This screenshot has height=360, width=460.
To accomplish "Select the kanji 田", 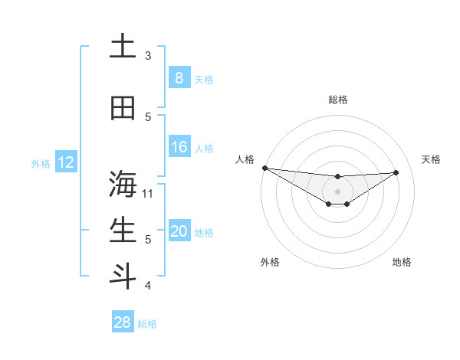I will [x=123, y=109].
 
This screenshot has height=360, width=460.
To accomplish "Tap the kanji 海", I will [x=123, y=185].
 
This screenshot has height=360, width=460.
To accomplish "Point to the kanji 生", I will [x=123, y=231].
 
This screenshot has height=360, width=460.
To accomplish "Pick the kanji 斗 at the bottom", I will [x=123, y=277].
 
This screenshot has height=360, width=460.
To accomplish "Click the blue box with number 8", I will [x=179, y=78].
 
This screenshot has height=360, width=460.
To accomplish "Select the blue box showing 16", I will [x=179, y=148].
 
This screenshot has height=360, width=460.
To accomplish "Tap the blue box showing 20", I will [x=179, y=232].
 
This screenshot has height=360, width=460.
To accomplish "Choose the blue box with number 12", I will [x=65, y=162].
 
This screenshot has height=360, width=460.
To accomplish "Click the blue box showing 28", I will [x=122, y=322].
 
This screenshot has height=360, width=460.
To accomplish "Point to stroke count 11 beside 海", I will [x=149, y=193].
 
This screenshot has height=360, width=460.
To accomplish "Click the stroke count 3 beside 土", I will [x=148, y=56].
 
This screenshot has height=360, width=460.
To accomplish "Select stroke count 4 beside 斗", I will [x=148, y=286].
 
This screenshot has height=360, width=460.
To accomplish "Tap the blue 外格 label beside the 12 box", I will [x=40, y=163].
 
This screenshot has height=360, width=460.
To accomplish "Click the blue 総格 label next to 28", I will [x=147, y=324].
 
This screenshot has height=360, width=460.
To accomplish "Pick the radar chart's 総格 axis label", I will [x=337, y=100].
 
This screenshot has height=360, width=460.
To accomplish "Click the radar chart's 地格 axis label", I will [x=402, y=262].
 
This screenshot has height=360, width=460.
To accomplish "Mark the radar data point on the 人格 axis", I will [x=264, y=168].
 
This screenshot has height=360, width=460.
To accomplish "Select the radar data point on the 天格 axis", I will [x=396, y=172].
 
